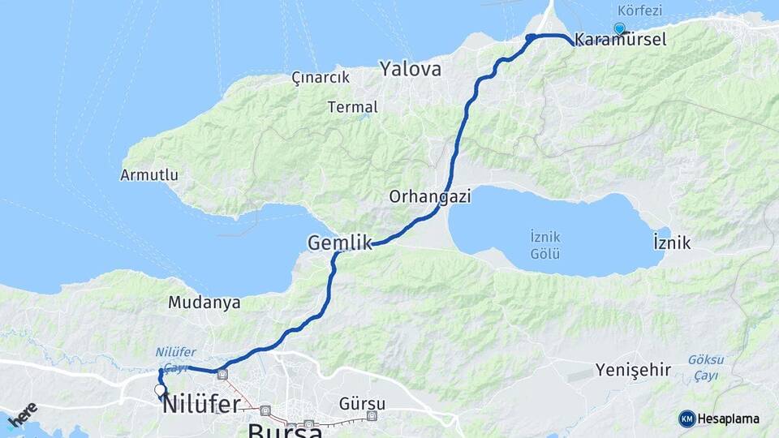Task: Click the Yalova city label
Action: point(411,70)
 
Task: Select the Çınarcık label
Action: point(321,78)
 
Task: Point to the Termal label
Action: point(353,107)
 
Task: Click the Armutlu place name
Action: point(149,175)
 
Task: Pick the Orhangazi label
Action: point(430,196)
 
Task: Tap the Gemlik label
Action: point(339,243)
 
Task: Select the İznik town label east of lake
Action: point(671,243)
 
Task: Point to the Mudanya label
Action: point(204,303)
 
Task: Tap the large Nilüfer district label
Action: point(201,404)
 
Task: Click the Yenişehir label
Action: point(633,371)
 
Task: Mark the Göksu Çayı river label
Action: point(705,367)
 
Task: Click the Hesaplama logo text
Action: point(729,419)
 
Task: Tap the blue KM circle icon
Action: point(686,419)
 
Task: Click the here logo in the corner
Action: point(23,414)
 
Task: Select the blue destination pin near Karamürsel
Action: point(620,28)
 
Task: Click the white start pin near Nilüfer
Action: point(160,390)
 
